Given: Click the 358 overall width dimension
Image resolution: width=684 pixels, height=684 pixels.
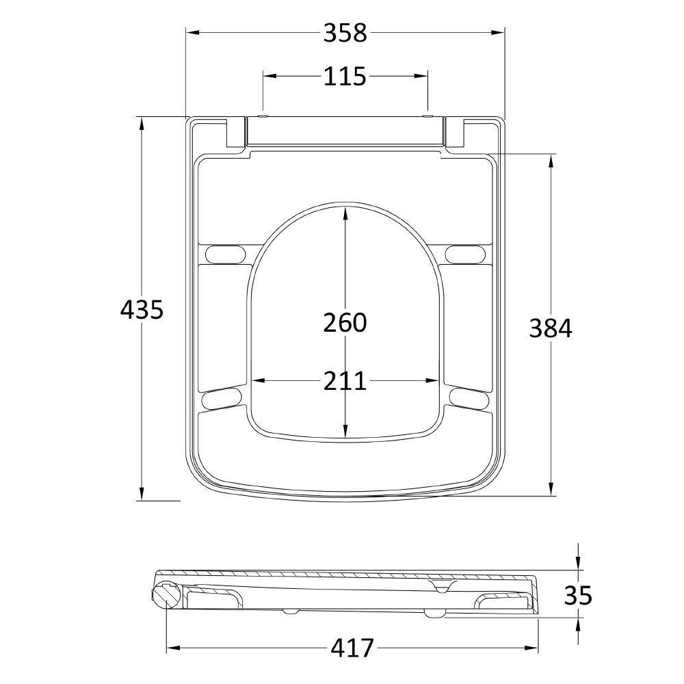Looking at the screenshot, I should coord(345,33).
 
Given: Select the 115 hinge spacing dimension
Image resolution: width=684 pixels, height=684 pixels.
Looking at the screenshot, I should coord(345,77).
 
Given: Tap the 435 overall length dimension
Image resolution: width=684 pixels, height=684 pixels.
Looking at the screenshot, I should coord(142,310).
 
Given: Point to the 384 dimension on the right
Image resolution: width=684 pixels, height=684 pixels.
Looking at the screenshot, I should coord(551,328).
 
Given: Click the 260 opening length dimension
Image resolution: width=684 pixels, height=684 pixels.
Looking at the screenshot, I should coord(345,322).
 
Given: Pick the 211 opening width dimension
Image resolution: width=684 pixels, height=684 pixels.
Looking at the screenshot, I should coord(345,381).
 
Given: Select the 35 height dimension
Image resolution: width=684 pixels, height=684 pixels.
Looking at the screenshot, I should coord(579,595).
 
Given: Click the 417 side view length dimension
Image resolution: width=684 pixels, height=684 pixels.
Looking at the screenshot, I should coord(353,647).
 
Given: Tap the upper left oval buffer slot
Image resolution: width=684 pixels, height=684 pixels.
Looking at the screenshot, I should coord(224,253).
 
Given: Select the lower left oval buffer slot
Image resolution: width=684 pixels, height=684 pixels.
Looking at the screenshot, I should coord(222,398).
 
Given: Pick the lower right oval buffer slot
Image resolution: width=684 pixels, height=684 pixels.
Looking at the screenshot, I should coord(469,397).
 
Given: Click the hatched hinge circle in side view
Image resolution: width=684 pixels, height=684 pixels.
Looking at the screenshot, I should coord(166,594).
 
